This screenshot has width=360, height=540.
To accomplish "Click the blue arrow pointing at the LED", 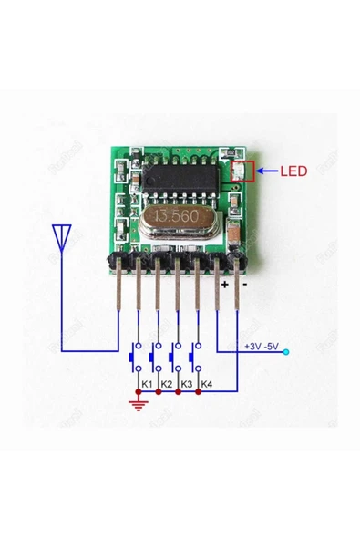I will point(266,170).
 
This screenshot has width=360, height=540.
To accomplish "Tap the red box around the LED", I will point(242,171).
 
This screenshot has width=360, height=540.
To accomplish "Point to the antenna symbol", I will point(62,238).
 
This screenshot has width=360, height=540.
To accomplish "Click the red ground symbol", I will point(139,402).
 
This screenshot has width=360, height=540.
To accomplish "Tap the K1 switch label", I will point(146,382).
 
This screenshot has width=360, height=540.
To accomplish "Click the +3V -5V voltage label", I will point(262,346).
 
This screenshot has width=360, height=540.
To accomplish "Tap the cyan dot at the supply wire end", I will point(287,351).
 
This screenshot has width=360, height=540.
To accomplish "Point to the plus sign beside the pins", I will point(224,284).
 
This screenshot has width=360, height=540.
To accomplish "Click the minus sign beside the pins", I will point(244,284).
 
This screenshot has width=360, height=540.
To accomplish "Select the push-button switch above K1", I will point(139,357).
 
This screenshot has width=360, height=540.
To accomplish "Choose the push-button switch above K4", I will point(197,357).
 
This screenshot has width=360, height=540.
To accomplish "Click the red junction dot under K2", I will point(159,393).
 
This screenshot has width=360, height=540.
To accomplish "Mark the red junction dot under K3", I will point(178,393).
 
